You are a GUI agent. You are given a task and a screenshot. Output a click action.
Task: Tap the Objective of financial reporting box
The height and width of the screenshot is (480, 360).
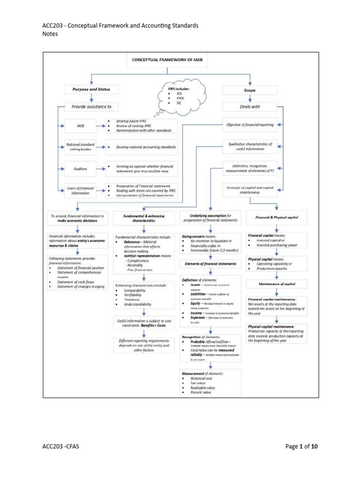[249, 125]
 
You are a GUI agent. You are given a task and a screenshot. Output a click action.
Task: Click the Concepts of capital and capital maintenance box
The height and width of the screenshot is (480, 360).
[249, 190]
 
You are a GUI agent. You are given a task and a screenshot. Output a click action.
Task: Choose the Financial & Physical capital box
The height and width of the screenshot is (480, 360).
[277, 217]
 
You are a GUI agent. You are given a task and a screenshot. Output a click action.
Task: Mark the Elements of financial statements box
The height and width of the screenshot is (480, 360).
[210, 264]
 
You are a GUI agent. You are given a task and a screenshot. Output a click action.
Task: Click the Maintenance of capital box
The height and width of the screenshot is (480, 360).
[277, 285]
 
